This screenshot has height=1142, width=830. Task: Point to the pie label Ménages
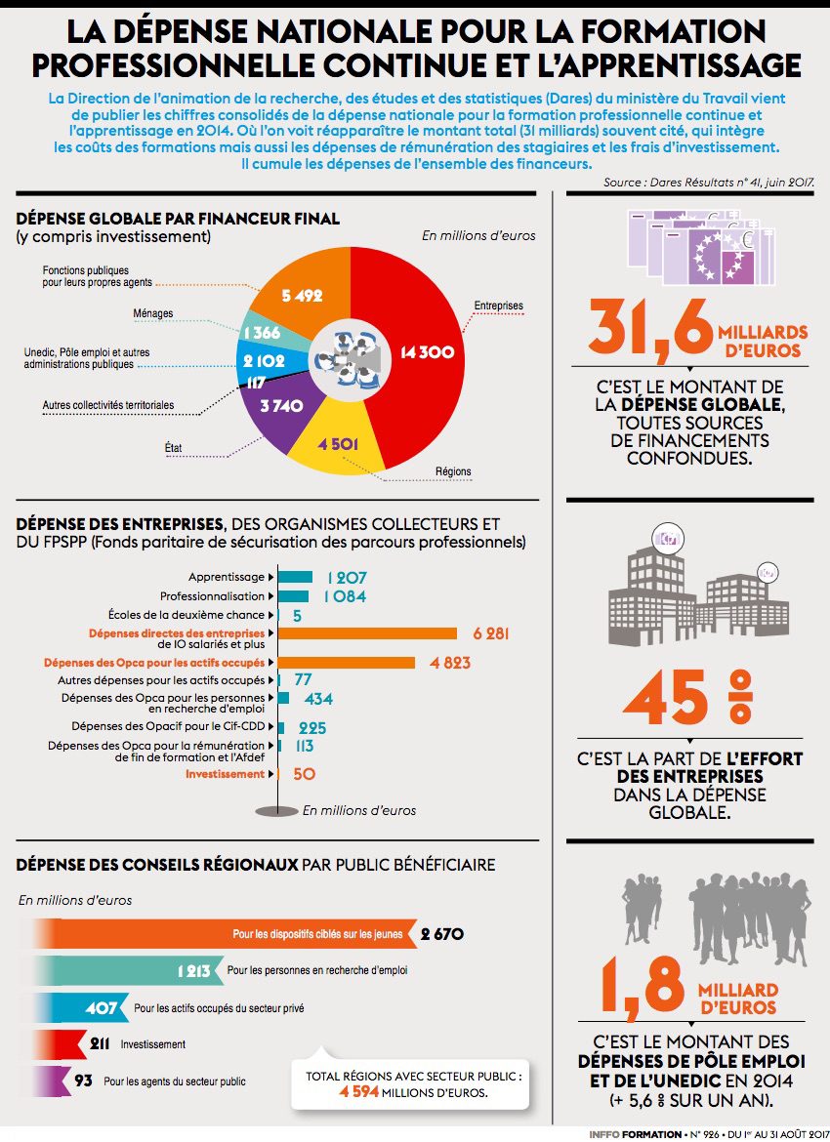point(152,313)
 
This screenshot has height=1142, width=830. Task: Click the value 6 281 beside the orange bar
point(490,633)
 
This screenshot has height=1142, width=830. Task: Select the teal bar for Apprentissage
point(295,577)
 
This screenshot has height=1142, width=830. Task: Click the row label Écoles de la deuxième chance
point(186,615)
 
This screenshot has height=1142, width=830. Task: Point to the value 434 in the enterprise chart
point(318,699)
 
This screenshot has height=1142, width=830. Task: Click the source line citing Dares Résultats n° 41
point(709,183)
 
